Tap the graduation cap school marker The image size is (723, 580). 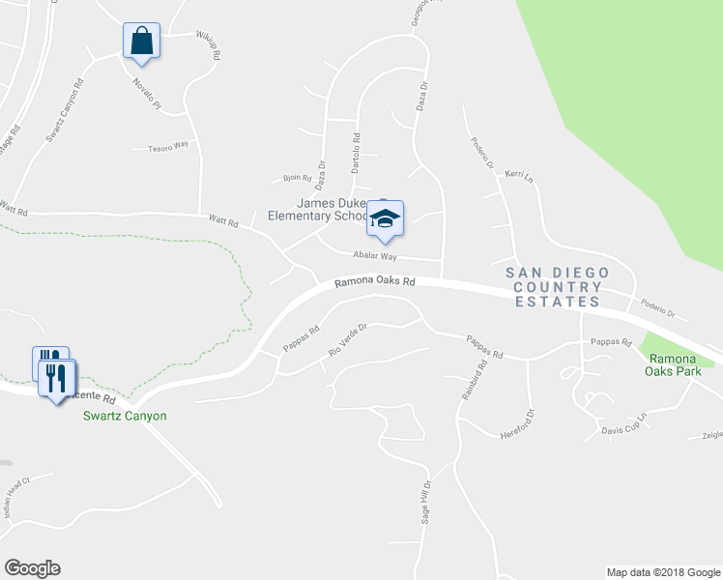tap(385, 218)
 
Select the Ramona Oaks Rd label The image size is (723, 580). tap(375, 283)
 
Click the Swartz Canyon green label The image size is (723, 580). tap(125, 416)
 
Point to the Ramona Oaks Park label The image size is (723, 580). tap(679, 364)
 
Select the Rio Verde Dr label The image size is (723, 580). tap(348, 339)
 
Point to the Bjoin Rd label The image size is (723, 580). tap(298, 178)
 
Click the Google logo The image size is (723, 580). tap(32, 568)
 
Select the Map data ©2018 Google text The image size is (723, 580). tap(663, 572)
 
